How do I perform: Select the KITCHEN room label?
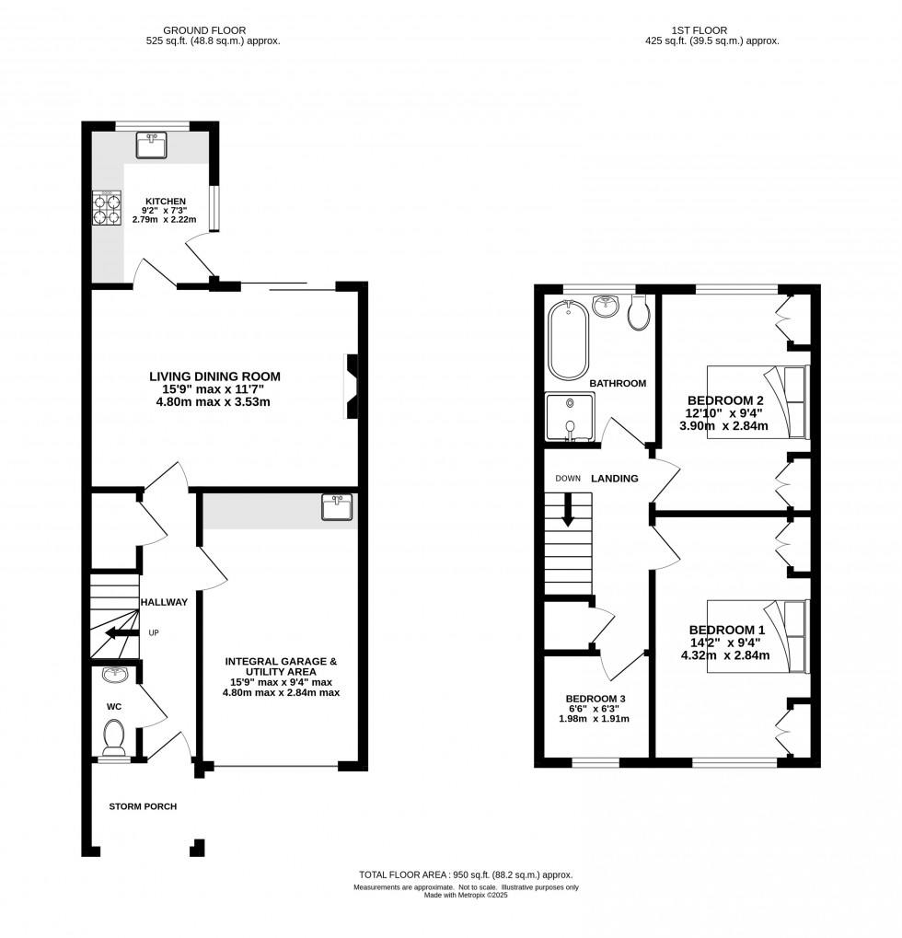[x=165, y=202]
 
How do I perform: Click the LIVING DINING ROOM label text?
[x=214, y=376]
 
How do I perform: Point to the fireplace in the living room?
[x=353, y=388]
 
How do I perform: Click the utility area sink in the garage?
[x=337, y=507]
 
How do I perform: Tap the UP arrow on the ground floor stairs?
[x=118, y=632]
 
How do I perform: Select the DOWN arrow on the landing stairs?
[x=568, y=509]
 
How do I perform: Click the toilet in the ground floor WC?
[x=115, y=737]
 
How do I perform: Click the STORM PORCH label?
[x=143, y=806]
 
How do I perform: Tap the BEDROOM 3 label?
[x=596, y=700]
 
